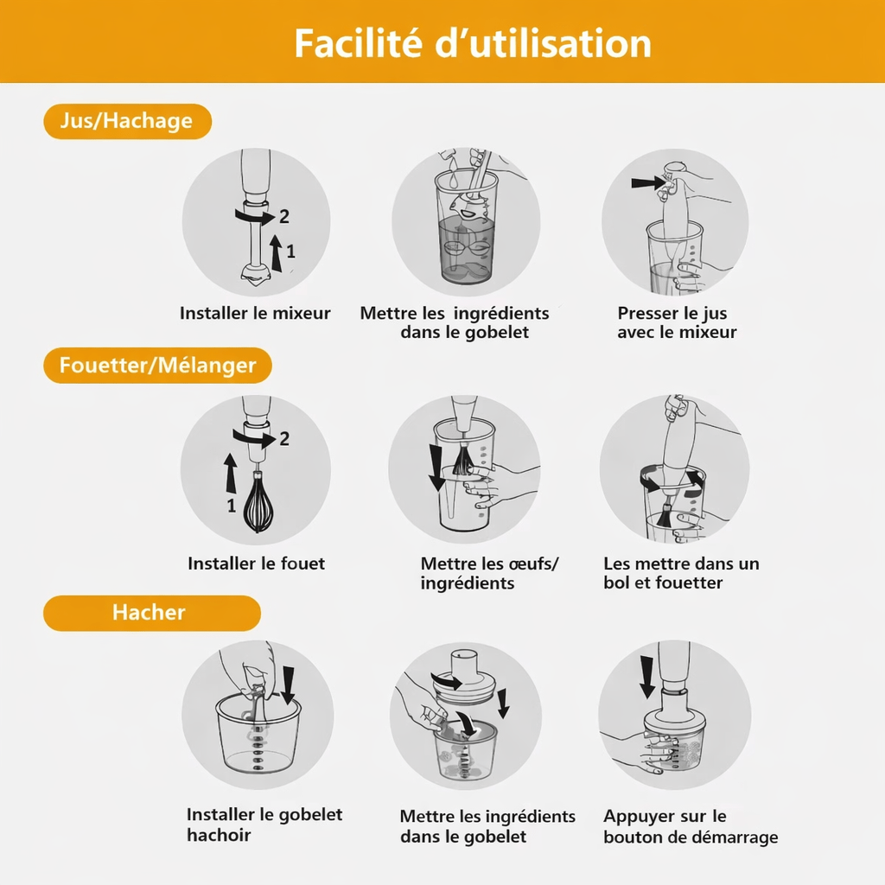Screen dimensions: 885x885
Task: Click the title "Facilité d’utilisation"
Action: click(473, 43)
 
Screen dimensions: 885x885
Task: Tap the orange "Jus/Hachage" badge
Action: click(128, 121)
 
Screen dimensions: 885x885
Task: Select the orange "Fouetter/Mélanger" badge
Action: click(157, 366)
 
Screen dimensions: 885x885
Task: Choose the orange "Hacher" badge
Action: click(152, 613)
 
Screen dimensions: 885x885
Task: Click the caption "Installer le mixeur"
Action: click(255, 313)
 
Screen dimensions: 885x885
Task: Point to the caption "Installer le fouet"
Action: click(256, 563)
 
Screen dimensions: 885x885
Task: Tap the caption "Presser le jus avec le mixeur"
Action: click(677, 322)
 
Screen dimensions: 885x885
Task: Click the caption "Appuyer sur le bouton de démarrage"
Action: click(691, 826)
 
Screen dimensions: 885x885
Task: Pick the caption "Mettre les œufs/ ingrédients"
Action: click(489, 573)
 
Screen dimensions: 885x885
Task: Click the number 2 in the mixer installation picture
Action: click(283, 216)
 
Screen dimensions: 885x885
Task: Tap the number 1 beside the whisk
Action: click(232, 505)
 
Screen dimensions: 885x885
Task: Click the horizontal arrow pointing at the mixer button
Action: click(648, 183)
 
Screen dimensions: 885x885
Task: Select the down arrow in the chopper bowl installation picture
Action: click(289, 684)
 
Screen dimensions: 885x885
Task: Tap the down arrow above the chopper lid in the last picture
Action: click(647, 677)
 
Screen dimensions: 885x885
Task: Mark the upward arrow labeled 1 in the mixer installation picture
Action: click(276, 253)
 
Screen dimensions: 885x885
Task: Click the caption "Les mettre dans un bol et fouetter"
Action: click(681, 573)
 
